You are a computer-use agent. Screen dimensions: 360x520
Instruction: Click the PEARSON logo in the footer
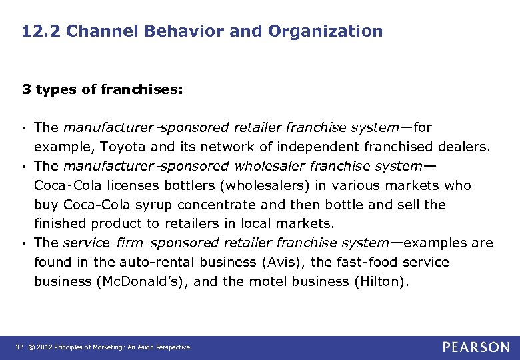point(476,347)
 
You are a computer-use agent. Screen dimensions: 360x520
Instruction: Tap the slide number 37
point(18,347)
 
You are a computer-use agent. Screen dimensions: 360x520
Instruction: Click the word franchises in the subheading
point(141,89)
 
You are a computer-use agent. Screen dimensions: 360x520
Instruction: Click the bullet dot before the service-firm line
point(24,243)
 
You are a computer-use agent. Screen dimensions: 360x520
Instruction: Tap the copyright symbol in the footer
point(32,347)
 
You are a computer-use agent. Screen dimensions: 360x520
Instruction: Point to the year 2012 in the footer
point(45,347)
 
